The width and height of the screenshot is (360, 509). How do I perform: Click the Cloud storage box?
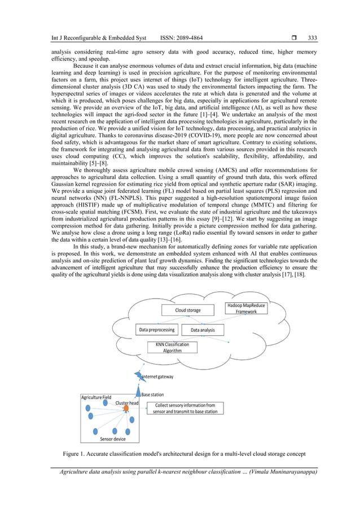click(188, 310)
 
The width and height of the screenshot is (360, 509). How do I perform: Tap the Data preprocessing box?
click(157, 329)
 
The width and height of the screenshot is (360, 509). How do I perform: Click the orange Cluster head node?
click(126, 408)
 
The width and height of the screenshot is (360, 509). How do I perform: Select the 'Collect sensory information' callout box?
click(185, 408)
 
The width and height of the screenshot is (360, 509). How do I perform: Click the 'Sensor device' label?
click(113, 438)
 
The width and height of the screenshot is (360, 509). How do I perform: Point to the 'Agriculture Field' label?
click(96, 397)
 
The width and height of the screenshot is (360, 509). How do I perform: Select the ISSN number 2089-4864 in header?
click(191, 38)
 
